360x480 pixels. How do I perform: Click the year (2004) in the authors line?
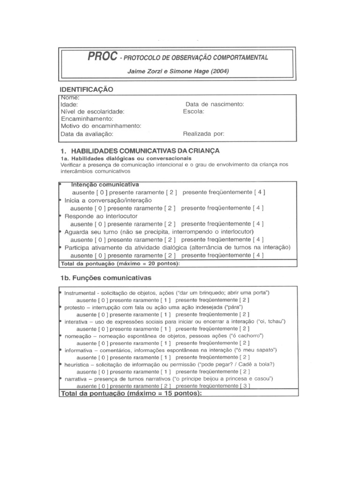pyautogui.click(x=217, y=71)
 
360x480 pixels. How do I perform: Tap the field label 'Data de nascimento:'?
pyautogui.click(x=215, y=105)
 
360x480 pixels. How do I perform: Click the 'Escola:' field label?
pyautogui.click(x=194, y=112)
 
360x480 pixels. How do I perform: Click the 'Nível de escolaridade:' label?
pyautogui.click(x=92, y=112)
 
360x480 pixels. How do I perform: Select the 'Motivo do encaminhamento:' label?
pyautogui.click(x=101, y=126)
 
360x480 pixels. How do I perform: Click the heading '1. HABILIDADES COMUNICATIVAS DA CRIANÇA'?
pyautogui.click(x=140, y=151)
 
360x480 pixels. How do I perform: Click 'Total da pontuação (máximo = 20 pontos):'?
pyautogui.click(x=120, y=263)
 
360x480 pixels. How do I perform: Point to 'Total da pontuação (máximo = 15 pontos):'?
pyautogui.click(x=131, y=394)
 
